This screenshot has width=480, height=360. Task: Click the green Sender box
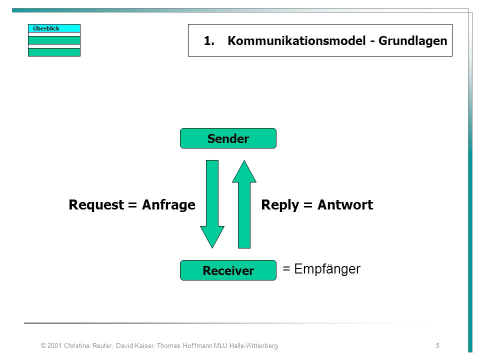pyautogui.click(x=228, y=138)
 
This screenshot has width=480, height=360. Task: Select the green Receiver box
pyautogui.click(x=228, y=270)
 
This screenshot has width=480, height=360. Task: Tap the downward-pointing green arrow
pyautogui.click(x=212, y=204)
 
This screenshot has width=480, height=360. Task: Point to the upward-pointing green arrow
pyautogui.click(x=244, y=204)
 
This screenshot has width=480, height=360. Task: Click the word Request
pyautogui.click(x=96, y=205)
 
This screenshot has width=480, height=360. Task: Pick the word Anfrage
pyautogui.click(x=168, y=205)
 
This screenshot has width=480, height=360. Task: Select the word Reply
pyautogui.click(x=280, y=205)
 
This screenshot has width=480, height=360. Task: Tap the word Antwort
pyautogui.click(x=345, y=205)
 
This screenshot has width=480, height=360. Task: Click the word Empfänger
pyautogui.click(x=327, y=269)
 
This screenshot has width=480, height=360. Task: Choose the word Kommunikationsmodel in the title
pyautogui.click(x=296, y=40)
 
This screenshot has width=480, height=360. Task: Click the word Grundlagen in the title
pyautogui.click(x=413, y=41)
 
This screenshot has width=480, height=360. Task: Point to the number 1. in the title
pyautogui.click(x=209, y=40)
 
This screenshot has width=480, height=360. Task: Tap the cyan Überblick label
pyautogui.click(x=54, y=28)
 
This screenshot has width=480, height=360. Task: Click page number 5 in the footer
pyautogui.click(x=438, y=345)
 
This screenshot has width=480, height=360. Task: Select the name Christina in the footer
pyautogui.click(x=76, y=345)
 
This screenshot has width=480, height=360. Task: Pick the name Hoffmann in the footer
pyautogui.click(x=197, y=345)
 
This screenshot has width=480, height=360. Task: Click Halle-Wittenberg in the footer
pyautogui.click(x=253, y=345)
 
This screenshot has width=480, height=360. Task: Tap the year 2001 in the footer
pyautogui.click(x=54, y=345)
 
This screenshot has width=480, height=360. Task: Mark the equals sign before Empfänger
pyautogui.click(x=286, y=269)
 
